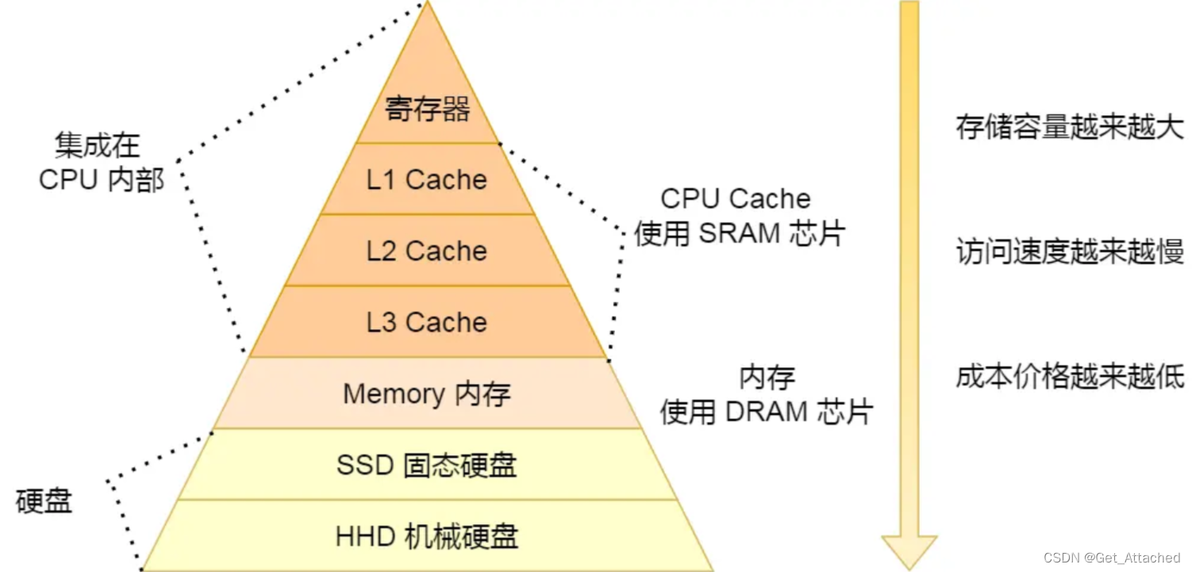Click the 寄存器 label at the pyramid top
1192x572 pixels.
click(x=428, y=109)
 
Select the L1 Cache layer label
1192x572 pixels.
click(x=427, y=180)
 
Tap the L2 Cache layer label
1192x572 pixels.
click(x=427, y=251)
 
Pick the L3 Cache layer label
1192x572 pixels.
click(x=427, y=323)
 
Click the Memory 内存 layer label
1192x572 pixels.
click(x=427, y=394)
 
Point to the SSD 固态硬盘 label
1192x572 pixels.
click(x=427, y=465)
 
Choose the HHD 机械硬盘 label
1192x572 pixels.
click(x=427, y=537)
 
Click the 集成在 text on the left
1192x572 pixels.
click(x=97, y=145)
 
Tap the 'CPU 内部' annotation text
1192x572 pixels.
click(x=102, y=180)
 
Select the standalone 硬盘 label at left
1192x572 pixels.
click(x=44, y=501)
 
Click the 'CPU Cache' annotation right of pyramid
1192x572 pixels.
click(x=736, y=199)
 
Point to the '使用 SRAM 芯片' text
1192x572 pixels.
click(x=740, y=234)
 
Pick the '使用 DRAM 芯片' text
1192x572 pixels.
click(x=767, y=412)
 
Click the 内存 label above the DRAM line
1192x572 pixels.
click(x=767, y=378)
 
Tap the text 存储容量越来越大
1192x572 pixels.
click(x=1069, y=128)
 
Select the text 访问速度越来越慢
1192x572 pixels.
click(x=1069, y=252)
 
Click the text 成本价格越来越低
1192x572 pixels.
click(x=1069, y=378)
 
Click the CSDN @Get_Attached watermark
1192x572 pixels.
click(x=1111, y=558)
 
